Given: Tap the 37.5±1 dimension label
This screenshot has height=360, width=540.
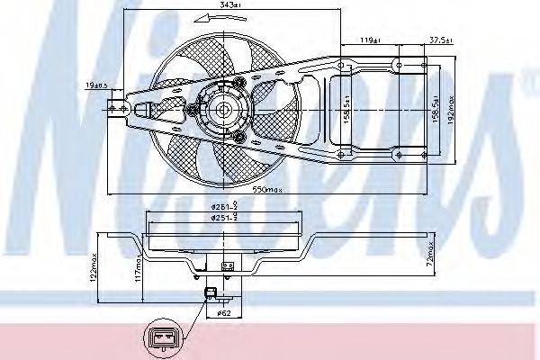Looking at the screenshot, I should [x=440, y=40].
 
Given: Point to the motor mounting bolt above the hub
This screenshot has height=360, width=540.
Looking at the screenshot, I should [x=239, y=84].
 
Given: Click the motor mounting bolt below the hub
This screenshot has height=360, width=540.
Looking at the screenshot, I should [x=239, y=137].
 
